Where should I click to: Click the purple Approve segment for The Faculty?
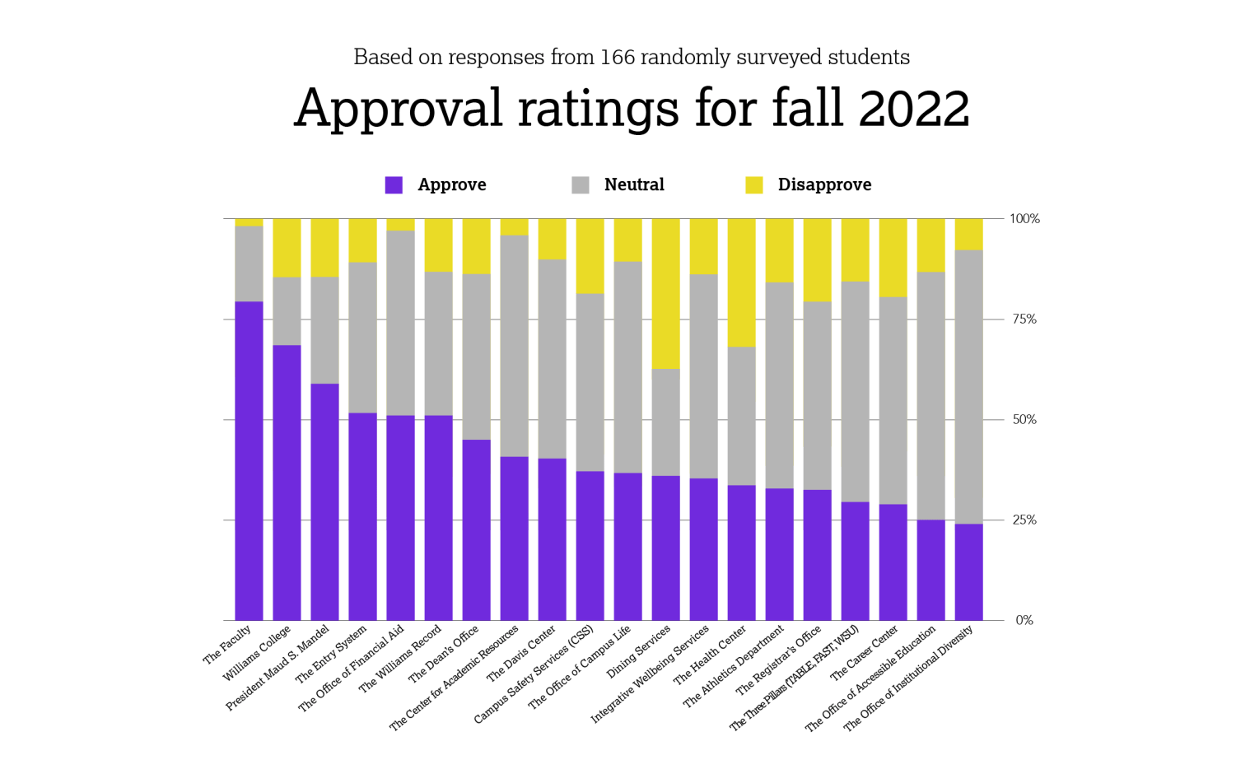click(x=249, y=461)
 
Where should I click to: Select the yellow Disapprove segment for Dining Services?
click(x=665, y=293)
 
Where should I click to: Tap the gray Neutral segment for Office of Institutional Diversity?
click(x=968, y=387)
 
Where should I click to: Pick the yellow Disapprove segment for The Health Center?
click(x=741, y=282)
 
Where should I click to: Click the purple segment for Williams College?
click(x=287, y=483)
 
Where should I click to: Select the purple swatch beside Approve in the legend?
click(x=394, y=184)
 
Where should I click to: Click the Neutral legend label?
click(x=633, y=184)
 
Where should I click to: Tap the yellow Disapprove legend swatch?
click(x=753, y=184)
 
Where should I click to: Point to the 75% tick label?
click(x=1024, y=319)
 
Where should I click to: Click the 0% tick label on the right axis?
click(x=1024, y=621)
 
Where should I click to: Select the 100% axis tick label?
click(x=1024, y=219)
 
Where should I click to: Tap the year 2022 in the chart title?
click(x=913, y=108)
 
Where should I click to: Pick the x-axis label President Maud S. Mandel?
click(x=279, y=667)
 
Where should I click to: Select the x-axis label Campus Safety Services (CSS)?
click(x=534, y=675)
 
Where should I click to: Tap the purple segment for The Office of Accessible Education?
click(x=930, y=570)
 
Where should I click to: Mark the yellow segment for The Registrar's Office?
click(x=817, y=260)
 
